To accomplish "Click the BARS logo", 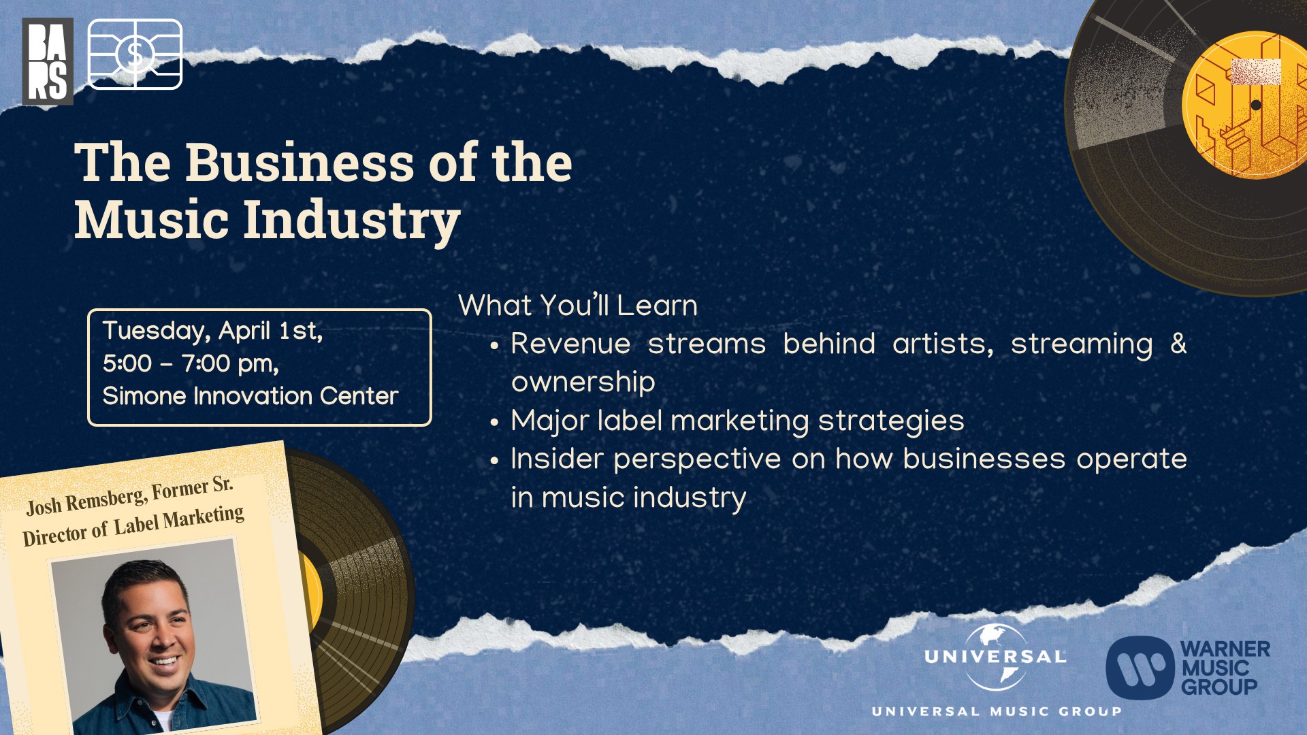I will tap(48, 61).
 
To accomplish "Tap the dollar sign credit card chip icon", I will tap(135, 54).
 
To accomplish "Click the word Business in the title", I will tap(300, 163).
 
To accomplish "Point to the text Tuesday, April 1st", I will tap(212, 331).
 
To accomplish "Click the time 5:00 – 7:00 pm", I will tap(191, 364).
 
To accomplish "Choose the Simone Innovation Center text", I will tap(250, 396).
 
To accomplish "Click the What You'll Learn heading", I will tap(578, 306).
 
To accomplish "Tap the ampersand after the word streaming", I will tap(1178, 344).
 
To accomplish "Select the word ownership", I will tap(583, 382).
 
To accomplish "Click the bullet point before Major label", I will tap(495, 423).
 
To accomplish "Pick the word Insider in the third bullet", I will tap(557, 459).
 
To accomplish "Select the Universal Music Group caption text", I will tap(996, 711).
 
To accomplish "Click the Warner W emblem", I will tap(1140, 668).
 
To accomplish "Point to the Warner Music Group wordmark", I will tap(1225, 668).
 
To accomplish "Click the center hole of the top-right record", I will tap(1256, 105).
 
